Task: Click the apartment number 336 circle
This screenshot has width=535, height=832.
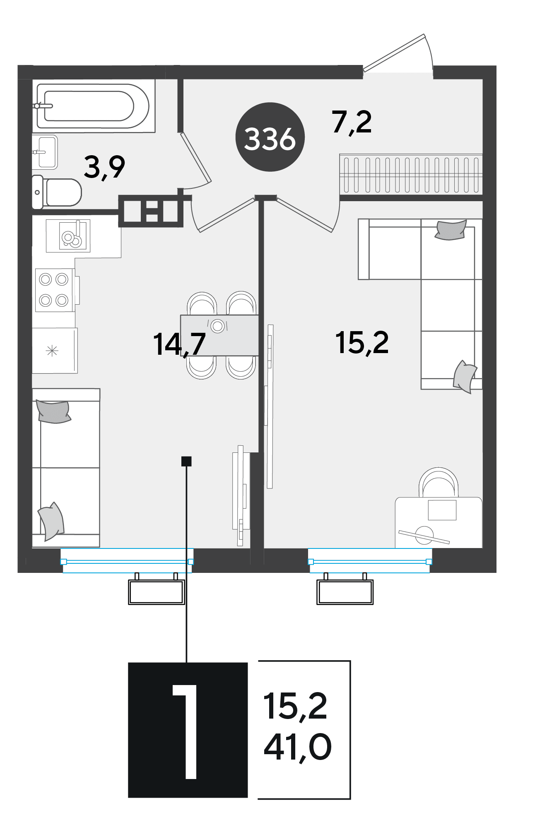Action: (270, 137)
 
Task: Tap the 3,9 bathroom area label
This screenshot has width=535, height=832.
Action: (104, 167)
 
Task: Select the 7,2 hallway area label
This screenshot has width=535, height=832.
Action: (352, 123)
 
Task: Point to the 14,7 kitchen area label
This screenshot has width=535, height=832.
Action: (179, 344)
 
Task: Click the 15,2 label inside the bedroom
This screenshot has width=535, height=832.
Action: (362, 343)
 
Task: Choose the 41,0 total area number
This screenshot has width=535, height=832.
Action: (298, 746)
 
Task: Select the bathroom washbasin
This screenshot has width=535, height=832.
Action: (45, 152)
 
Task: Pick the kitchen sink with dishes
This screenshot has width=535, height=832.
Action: (68, 236)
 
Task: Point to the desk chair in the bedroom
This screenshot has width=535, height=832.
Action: (439, 482)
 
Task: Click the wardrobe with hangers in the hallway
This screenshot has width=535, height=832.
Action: (411, 174)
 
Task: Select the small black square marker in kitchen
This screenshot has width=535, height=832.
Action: (186, 461)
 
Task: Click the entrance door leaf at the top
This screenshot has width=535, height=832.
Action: (394, 53)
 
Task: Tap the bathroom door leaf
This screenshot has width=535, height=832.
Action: (196, 157)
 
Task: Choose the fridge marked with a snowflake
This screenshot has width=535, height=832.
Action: (55, 351)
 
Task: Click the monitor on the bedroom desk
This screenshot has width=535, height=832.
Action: (442, 510)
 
